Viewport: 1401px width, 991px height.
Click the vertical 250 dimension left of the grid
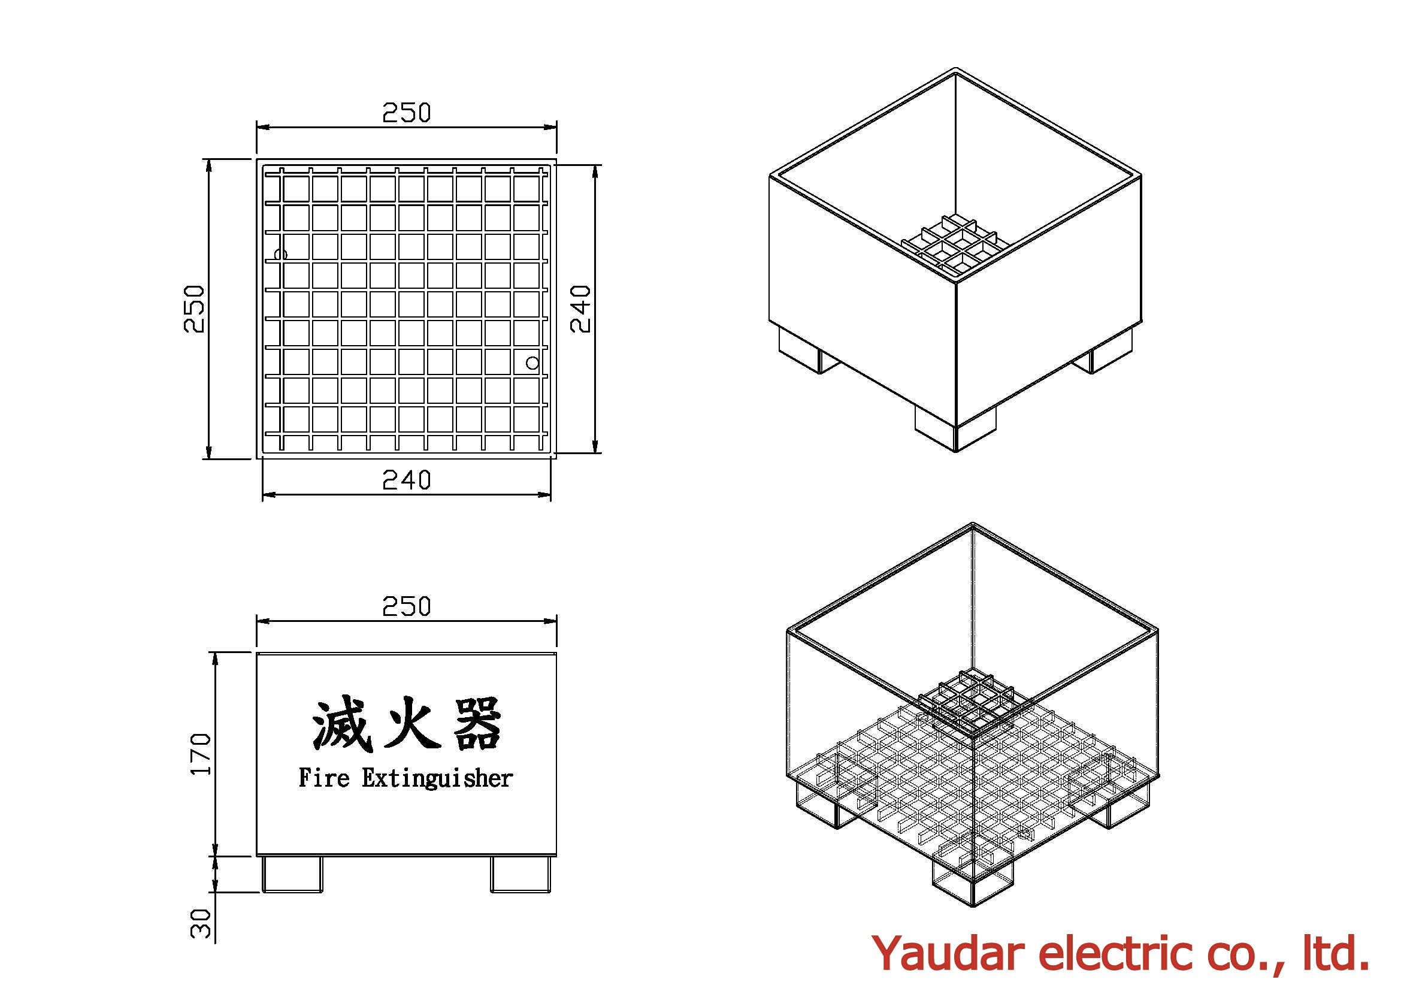(x=194, y=309)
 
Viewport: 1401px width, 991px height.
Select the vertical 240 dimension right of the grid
(x=580, y=309)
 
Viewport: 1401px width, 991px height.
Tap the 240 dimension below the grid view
(x=406, y=481)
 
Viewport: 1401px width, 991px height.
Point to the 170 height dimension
(x=201, y=754)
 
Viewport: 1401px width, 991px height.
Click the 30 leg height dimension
(x=201, y=923)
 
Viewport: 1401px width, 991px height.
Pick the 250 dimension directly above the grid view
(x=406, y=113)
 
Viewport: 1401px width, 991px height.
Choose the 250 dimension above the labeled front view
(x=406, y=606)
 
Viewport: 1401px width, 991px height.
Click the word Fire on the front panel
(x=324, y=778)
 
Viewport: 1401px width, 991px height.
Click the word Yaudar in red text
(x=947, y=953)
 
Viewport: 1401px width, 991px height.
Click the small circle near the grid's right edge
(x=532, y=363)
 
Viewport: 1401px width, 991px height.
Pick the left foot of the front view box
(x=292, y=874)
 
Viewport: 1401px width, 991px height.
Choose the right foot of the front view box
(x=521, y=874)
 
